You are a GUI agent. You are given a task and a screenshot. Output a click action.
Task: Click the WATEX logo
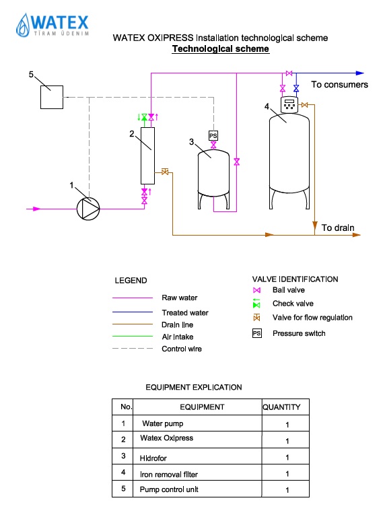pos(53,25)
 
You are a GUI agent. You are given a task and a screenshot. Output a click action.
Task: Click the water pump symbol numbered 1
pos(88,209)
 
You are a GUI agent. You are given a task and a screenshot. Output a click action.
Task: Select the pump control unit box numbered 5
pos(52,98)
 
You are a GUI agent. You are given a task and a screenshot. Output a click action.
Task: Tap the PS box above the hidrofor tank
pos(213,136)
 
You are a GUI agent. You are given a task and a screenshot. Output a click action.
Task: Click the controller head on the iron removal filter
pos(289,105)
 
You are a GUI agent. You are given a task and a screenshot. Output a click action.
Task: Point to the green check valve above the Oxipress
pos(144,117)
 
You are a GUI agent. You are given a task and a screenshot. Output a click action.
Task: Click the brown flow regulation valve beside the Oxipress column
pos(165,172)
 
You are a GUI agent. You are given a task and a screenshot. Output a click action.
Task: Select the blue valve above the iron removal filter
pos(296,88)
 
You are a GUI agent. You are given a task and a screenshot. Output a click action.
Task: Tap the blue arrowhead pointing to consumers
pos(360,73)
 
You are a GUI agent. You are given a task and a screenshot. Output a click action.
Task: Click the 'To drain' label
pos(338,228)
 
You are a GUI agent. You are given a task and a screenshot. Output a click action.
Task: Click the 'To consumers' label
pos(339,85)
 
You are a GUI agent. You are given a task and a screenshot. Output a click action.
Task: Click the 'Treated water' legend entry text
pos(185,313)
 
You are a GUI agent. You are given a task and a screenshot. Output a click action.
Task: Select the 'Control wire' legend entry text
pos(182,349)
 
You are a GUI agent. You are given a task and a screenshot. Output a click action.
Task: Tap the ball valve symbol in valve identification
pos(256,290)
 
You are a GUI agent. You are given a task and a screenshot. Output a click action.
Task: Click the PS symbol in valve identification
pos(257,333)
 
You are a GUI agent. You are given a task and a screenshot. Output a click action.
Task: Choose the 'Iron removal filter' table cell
pos(169,475)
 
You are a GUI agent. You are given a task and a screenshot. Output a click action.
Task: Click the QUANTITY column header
pos(282,407)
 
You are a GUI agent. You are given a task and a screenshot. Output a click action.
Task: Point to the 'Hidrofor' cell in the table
pos(153,458)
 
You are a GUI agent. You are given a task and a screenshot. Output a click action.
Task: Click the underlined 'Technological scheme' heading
pos(221,49)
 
